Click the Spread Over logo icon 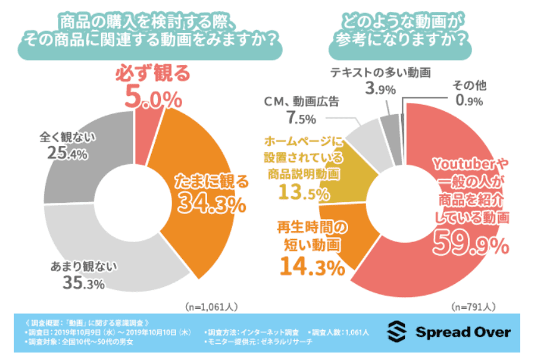tap(398, 331)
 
